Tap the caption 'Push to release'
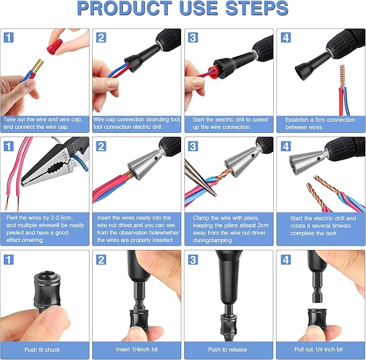(x=228, y=349)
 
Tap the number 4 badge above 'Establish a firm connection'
(x=284, y=37)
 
